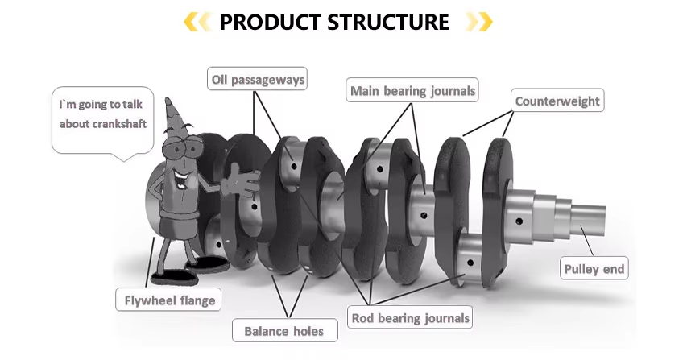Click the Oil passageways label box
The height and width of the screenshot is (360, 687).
(257, 79)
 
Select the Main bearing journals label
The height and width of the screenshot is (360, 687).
(412, 90)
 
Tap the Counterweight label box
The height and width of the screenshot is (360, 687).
(557, 101)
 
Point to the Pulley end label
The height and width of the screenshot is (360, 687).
(594, 269)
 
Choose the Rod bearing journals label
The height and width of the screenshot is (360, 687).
(410, 317)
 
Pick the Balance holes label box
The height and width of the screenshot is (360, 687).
(283, 330)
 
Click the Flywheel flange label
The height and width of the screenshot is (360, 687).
(168, 301)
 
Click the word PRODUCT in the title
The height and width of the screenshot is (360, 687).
(269, 22)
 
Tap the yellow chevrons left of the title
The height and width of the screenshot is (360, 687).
(198, 22)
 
